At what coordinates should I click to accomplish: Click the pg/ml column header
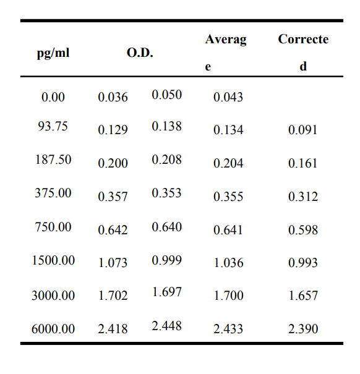pyautogui.click(x=53, y=53)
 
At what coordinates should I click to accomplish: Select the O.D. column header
pyautogui.click(x=140, y=53)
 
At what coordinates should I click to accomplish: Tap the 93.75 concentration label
pyautogui.click(x=53, y=126)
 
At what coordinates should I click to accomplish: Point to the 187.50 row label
pyautogui.click(x=53, y=159)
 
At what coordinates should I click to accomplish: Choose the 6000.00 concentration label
pyautogui.click(x=53, y=329)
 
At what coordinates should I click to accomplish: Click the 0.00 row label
pyautogui.click(x=53, y=97)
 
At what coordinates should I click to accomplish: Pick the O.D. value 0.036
pyautogui.click(x=113, y=97)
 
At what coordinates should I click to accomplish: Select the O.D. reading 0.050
pyautogui.click(x=166, y=95)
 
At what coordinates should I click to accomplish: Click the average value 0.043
pyautogui.click(x=228, y=97)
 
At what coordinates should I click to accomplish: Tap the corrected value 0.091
pyautogui.click(x=302, y=130)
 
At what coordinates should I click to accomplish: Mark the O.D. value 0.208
pyautogui.click(x=166, y=159)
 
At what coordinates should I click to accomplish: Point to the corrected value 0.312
pyautogui.click(x=302, y=197)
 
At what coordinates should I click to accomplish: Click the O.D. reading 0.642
pyautogui.click(x=113, y=230)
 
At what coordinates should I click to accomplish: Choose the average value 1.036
pyautogui.click(x=228, y=263)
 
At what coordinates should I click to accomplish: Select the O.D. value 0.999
pyautogui.click(x=166, y=260)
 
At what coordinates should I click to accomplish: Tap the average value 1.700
pyautogui.click(x=228, y=295)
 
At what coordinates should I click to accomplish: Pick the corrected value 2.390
pyautogui.click(x=303, y=329)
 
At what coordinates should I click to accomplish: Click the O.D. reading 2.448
pyautogui.click(x=166, y=326)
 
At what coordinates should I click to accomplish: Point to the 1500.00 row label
pyautogui.click(x=53, y=260)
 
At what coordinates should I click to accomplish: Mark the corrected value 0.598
pyautogui.click(x=303, y=230)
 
